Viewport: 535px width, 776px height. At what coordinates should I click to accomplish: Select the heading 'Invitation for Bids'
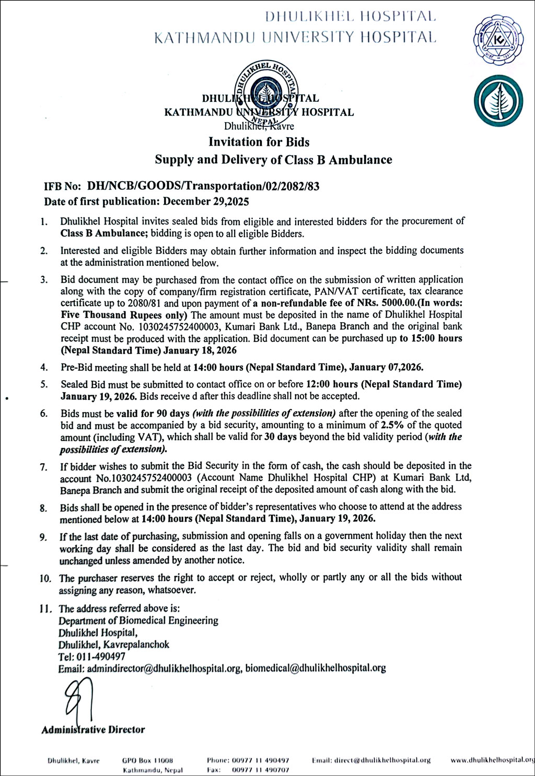(259, 142)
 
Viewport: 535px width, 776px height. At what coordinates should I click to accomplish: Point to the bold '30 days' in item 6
(280, 437)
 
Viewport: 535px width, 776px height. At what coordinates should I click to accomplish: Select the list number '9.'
(43, 537)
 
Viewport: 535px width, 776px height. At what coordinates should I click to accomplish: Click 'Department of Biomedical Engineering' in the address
(138, 620)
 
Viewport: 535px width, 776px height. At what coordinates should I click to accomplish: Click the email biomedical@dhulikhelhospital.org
(316, 668)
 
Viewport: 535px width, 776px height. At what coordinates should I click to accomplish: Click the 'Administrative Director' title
(93, 730)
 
